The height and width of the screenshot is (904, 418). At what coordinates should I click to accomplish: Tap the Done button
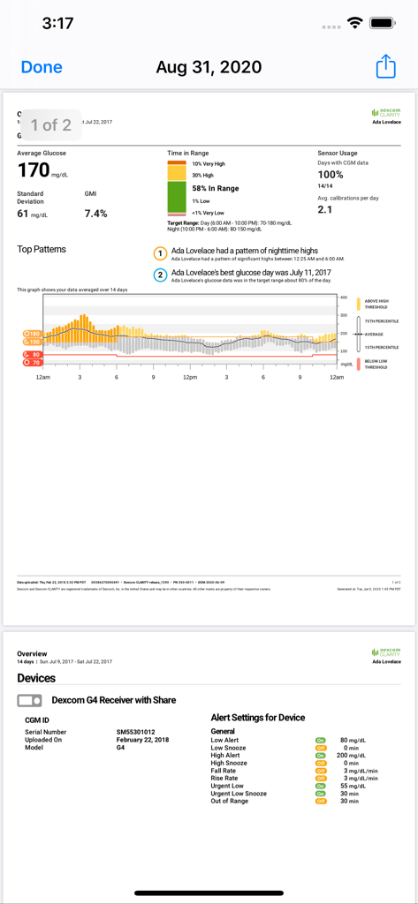(42, 67)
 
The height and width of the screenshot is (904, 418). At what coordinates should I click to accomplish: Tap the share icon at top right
(385, 67)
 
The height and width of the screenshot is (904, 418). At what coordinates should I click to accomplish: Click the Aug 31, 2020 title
(209, 67)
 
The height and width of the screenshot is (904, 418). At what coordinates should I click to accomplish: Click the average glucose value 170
(34, 170)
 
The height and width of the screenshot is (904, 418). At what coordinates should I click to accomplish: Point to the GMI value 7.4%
(95, 214)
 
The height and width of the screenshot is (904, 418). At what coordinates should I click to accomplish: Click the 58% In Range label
(216, 188)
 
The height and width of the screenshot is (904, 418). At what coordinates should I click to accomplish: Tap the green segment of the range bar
(177, 196)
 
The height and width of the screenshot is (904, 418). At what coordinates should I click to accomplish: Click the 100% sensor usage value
(331, 175)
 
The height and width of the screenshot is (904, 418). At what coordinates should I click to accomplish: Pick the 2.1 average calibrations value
(325, 209)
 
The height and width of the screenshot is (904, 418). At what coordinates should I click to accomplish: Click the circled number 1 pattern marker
(161, 254)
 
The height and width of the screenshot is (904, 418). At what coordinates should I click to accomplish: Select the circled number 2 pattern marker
(161, 275)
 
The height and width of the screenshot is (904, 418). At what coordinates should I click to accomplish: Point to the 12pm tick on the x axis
(189, 377)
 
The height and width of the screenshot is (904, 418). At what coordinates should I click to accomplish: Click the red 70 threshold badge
(33, 362)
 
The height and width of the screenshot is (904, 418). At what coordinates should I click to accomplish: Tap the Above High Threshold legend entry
(375, 305)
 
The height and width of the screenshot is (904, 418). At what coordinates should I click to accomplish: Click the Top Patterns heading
(42, 250)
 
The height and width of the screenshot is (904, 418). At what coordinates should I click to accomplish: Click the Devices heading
(36, 678)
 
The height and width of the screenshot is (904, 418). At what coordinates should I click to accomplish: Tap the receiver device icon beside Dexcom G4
(30, 700)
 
